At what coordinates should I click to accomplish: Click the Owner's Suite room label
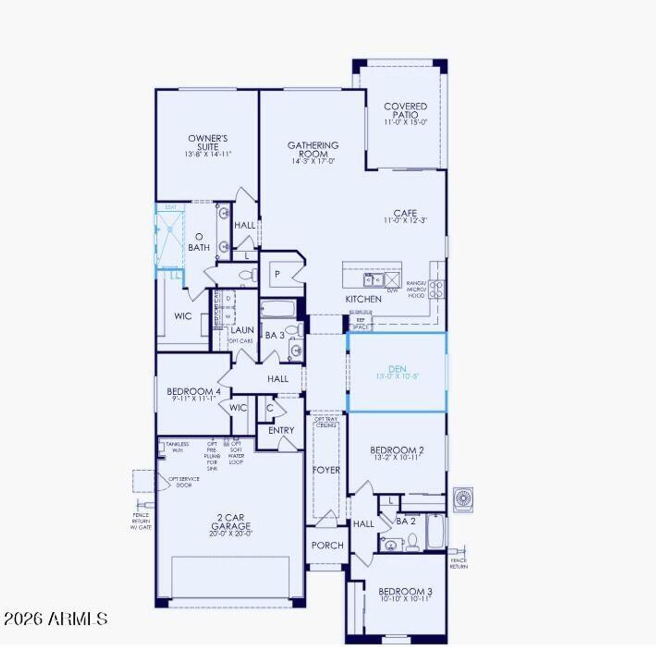point(208,142)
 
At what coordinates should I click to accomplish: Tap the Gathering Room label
point(313,149)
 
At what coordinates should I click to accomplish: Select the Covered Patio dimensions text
point(405,123)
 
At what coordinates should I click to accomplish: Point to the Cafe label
point(405,213)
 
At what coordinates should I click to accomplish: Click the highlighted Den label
point(397,369)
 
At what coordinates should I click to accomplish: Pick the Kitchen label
point(363,299)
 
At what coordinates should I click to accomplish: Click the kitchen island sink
point(373,280)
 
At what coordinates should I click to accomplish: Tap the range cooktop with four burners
point(436,289)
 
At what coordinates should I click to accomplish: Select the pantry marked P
point(277,274)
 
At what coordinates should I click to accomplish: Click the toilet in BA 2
point(413,541)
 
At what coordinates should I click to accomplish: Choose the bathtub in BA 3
point(278,310)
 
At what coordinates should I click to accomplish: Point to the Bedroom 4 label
point(193,392)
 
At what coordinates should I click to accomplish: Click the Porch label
point(327,545)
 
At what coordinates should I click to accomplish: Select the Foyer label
point(326,470)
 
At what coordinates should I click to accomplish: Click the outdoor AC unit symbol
point(463,499)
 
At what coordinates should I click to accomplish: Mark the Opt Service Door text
point(184,482)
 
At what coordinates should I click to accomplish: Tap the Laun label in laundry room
point(242,330)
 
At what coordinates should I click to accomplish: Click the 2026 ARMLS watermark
point(55,619)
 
